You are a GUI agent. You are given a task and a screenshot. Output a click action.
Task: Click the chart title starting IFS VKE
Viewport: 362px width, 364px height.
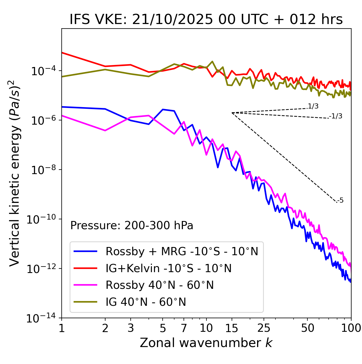point(206,19)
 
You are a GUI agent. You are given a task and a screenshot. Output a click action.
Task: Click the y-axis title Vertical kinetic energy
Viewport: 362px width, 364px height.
point(15,173)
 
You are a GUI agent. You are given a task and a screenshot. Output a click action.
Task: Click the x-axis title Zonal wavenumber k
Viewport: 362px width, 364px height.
point(206,343)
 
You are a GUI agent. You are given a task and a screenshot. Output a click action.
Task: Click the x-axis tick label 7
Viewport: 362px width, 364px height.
point(184,328)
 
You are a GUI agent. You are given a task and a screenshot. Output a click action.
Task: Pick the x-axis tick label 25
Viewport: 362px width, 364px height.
point(264,328)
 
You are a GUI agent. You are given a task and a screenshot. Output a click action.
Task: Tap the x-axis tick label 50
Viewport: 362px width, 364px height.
point(308,328)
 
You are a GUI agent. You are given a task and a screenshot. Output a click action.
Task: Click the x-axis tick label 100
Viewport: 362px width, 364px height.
point(351,328)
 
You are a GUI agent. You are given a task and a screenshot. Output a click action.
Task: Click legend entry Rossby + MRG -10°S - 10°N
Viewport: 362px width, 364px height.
point(182,251)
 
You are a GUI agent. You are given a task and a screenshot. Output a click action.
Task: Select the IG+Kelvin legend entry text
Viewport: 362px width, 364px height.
point(169,268)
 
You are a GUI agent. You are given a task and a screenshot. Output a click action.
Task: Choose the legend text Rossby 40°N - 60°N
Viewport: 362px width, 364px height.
point(160,285)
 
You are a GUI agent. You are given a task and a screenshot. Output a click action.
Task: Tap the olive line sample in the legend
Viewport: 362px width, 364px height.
point(85,302)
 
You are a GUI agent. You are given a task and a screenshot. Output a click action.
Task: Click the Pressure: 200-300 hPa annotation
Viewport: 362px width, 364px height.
point(132,226)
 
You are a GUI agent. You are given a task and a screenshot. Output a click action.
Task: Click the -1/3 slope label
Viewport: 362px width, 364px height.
point(336,116)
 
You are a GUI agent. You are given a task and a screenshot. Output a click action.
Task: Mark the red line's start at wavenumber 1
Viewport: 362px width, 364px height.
point(62,53)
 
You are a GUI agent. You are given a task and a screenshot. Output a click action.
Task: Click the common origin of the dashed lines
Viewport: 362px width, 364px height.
point(232,113)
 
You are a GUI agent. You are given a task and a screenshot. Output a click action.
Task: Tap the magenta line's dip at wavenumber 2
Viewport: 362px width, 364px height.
point(105,131)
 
